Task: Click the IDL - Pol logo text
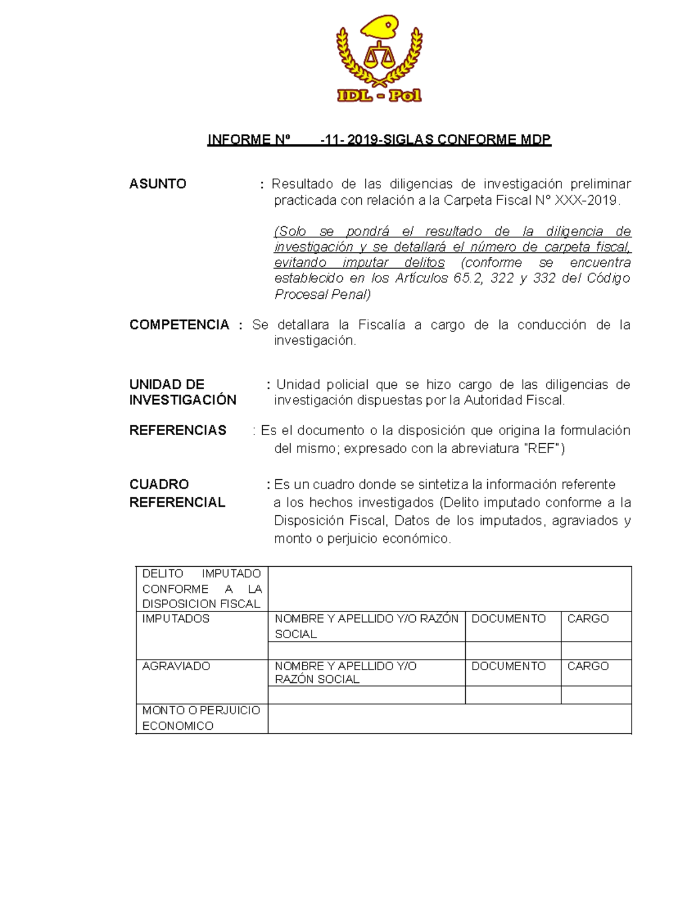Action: click(x=379, y=96)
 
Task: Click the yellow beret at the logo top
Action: click(x=380, y=27)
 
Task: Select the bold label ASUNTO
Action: click(x=158, y=184)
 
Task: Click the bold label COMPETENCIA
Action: click(x=179, y=325)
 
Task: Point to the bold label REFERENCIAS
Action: click(x=177, y=430)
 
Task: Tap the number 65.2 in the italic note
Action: click(x=469, y=278)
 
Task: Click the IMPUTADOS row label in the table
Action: click(x=176, y=619)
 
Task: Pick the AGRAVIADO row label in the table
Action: click(x=176, y=666)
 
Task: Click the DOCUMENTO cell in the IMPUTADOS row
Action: click(x=509, y=619)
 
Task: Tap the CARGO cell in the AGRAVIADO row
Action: click(x=588, y=666)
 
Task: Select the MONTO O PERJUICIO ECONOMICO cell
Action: click(x=201, y=718)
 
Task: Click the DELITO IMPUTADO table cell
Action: click(x=201, y=589)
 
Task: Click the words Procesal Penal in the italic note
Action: click(x=322, y=295)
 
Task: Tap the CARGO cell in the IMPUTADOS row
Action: click(x=588, y=619)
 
